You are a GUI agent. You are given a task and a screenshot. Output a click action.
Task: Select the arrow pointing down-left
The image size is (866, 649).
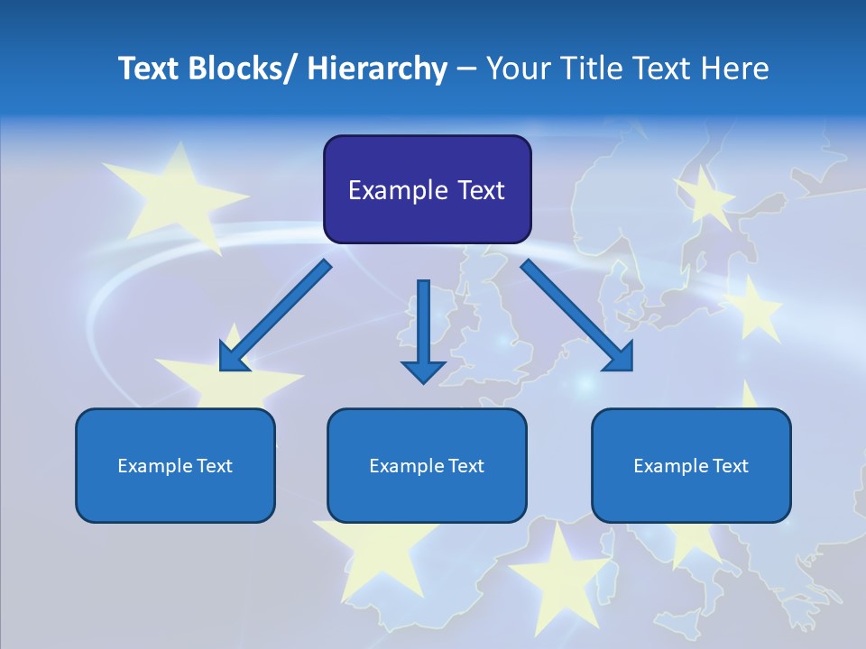tap(275, 315)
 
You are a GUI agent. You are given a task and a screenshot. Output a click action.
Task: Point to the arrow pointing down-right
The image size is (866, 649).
tap(577, 315)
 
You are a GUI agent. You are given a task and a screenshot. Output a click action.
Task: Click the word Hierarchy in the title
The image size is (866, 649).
tap(377, 69)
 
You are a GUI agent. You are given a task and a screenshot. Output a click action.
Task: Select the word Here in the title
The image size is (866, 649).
tap(735, 69)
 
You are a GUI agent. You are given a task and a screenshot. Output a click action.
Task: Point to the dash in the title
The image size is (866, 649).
tap(466, 69)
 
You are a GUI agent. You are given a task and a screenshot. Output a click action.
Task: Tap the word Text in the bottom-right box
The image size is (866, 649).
tap(729, 466)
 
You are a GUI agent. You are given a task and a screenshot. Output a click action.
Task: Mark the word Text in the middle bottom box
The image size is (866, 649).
tap(465, 466)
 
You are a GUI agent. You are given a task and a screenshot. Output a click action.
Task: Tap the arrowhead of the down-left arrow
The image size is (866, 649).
tap(233, 357)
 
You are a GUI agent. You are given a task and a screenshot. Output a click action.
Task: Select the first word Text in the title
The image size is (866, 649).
tap(148, 69)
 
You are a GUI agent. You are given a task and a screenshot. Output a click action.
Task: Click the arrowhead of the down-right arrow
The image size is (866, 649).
tap(619, 357)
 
